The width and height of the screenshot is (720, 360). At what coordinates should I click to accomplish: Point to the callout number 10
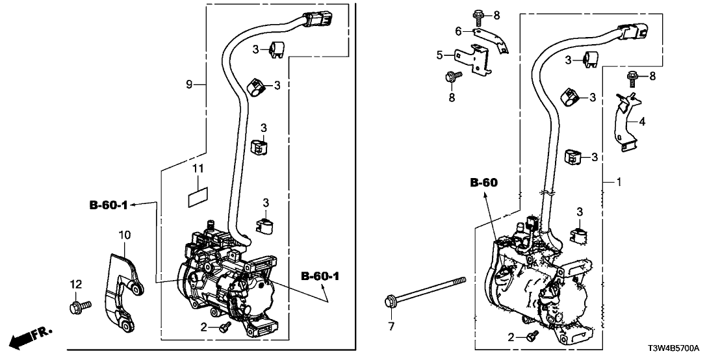coord(124,233)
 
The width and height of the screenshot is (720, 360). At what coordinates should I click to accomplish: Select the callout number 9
coord(189,84)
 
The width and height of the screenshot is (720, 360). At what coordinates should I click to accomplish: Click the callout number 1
coord(619,183)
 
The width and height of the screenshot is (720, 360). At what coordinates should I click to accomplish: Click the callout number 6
coord(457,31)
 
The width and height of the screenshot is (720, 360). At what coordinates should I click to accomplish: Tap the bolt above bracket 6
coord(478,14)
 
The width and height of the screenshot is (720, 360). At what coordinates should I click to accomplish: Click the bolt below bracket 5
coord(450,78)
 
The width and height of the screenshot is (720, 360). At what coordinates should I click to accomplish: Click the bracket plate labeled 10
coord(120,286)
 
